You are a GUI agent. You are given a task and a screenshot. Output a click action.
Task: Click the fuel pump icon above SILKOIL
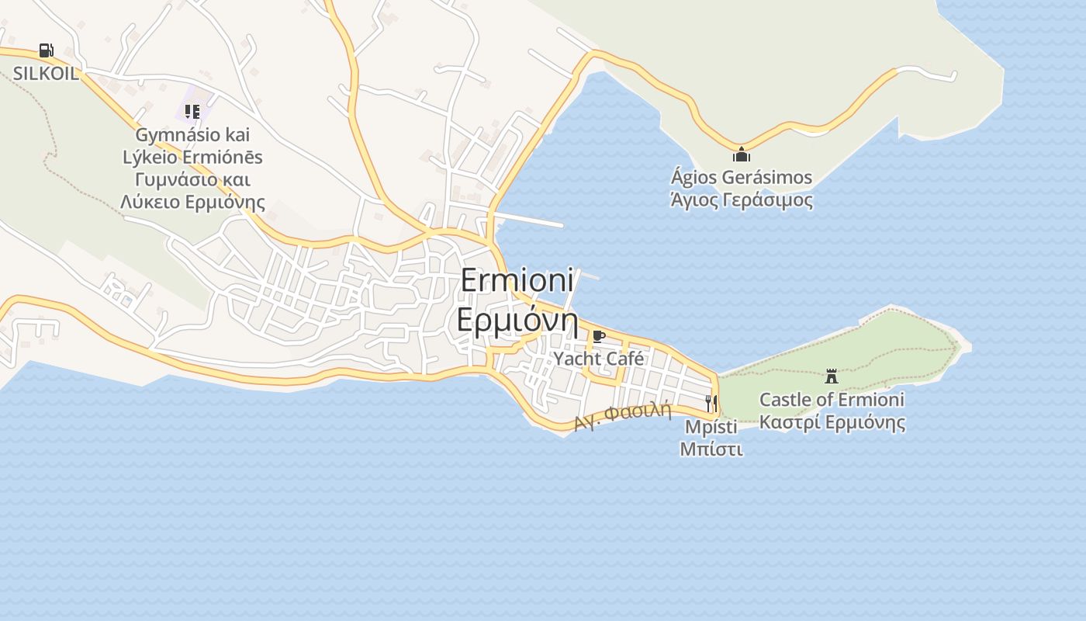pyautogui.click(x=47, y=50)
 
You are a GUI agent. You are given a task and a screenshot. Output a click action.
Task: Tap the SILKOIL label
pyautogui.click(x=45, y=74)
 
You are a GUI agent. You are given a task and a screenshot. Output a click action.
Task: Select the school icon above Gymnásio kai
pyautogui.click(x=192, y=111)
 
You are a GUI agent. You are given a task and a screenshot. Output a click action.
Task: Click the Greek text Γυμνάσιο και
pyautogui.click(x=192, y=180)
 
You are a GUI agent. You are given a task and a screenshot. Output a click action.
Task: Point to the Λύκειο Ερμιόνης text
pyautogui.click(x=192, y=203)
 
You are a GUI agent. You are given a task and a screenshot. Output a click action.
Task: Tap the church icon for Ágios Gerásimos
pyautogui.click(x=742, y=154)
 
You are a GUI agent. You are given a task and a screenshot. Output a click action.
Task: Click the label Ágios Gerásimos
pyautogui.click(x=742, y=177)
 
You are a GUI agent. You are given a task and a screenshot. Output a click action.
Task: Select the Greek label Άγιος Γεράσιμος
pyautogui.click(x=742, y=199)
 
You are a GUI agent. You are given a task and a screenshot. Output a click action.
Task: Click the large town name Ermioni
pyautogui.click(x=517, y=280)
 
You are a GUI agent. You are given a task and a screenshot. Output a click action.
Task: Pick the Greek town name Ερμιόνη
pyautogui.click(x=517, y=320)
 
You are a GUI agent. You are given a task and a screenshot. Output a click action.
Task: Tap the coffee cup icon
pyautogui.click(x=598, y=336)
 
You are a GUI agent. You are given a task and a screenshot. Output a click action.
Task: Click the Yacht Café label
pyautogui.click(x=598, y=359)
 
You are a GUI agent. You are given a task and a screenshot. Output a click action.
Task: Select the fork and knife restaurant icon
pyautogui.click(x=711, y=403)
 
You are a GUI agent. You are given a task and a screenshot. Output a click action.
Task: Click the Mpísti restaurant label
pyautogui.click(x=711, y=426)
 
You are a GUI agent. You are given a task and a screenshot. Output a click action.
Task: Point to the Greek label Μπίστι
pyautogui.click(x=711, y=449)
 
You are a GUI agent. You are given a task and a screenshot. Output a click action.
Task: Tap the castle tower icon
pyautogui.click(x=832, y=376)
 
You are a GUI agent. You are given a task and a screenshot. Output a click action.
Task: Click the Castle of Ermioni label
pyautogui.click(x=832, y=400)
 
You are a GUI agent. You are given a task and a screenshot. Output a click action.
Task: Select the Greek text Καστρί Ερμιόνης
pyautogui.click(x=832, y=423)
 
